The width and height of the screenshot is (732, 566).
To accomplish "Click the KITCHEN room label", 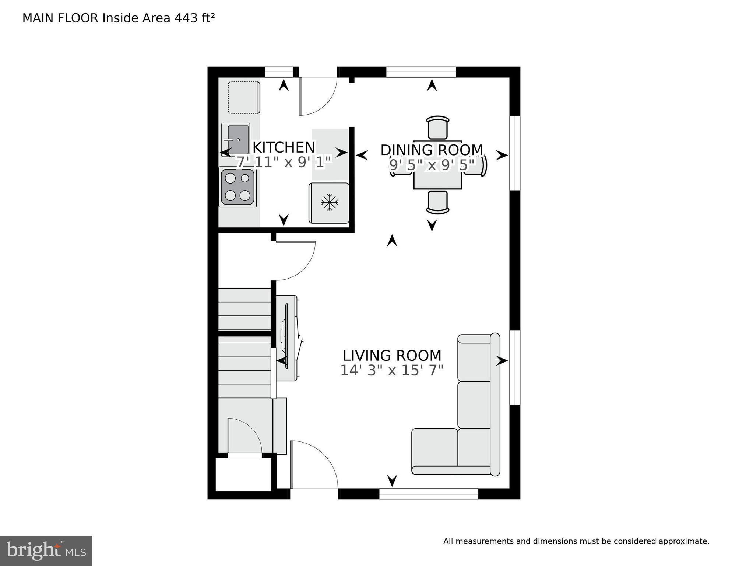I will (x=284, y=147).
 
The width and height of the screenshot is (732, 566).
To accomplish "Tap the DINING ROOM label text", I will (x=432, y=150).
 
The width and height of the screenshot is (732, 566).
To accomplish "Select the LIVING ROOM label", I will (x=392, y=356).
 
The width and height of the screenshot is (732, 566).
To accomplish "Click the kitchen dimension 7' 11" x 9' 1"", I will (x=284, y=162).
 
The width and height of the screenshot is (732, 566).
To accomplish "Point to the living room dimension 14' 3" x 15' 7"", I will (x=392, y=370).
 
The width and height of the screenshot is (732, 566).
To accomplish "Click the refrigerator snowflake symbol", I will (x=329, y=202).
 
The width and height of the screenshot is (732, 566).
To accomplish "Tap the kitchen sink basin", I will (x=238, y=140).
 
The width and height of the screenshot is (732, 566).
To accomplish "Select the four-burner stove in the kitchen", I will (x=237, y=187).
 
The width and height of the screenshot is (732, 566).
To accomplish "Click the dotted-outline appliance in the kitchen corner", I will (x=243, y=98).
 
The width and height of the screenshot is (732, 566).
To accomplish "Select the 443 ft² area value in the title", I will (x=194, y=18).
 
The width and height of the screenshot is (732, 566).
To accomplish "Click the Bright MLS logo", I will (x=46, y=551).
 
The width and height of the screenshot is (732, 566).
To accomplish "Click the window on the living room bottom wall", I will (x=429, y=494).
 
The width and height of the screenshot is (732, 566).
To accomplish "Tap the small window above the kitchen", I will (x=279, y=72).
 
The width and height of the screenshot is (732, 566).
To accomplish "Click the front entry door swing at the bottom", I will (x=314, y=465).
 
